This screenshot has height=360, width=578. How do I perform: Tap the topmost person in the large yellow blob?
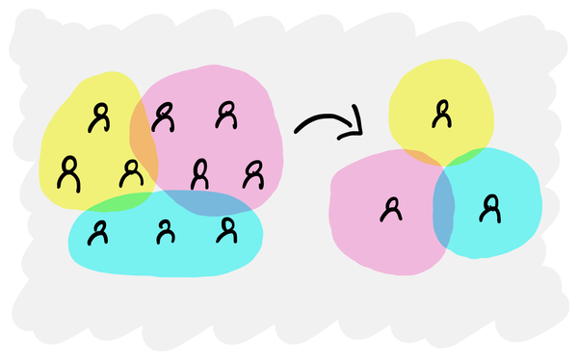[x=98, y=117]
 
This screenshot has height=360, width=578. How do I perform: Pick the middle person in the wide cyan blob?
[x=166, y=231]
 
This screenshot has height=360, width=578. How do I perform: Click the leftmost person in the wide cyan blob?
[x=98, y=231]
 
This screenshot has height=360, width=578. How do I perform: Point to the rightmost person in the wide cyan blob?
[x=227, y=230]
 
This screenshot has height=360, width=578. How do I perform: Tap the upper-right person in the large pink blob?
[x=225, y=114]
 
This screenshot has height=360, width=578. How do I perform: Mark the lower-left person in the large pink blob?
[x=199, y=173]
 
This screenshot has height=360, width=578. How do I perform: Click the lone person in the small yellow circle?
[x=441, y=114]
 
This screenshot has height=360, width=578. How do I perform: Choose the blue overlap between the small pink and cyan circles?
[x=443, y=207]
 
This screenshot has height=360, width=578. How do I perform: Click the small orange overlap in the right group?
[x=420, y=156]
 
